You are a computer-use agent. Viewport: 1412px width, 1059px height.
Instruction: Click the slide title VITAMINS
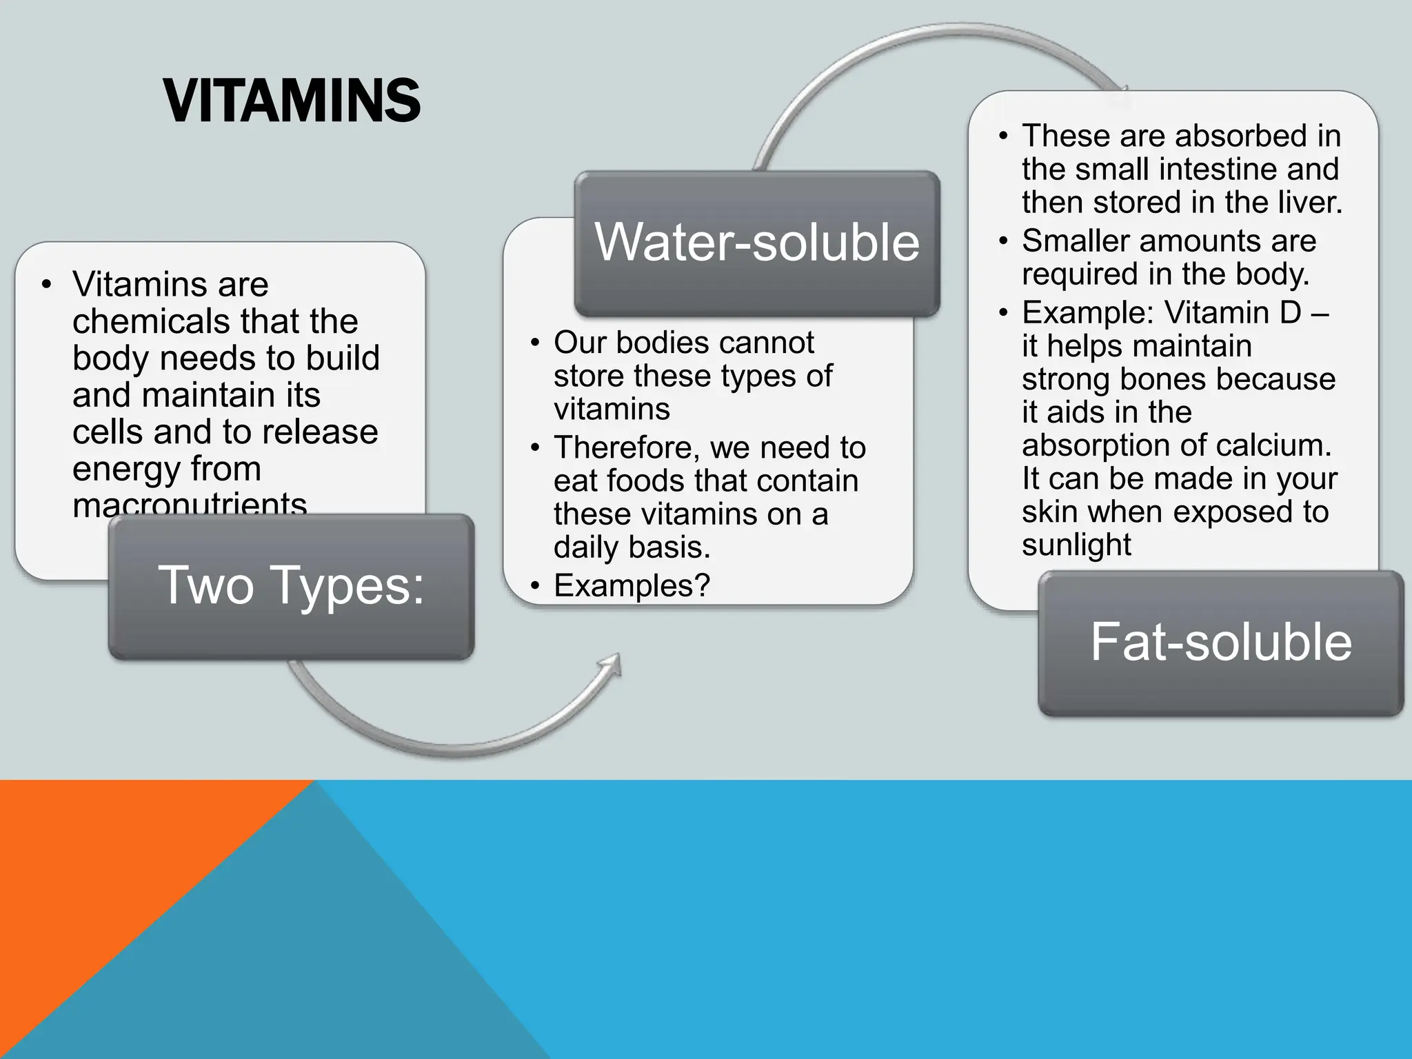click(x=292, y=101)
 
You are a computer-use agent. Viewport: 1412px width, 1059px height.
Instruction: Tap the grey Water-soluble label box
click(x=757, y=243)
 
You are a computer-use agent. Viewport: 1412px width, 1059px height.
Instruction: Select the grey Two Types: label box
click(x=291, y=586)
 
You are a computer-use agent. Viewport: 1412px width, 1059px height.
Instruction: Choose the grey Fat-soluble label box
click(x=1220, y=643)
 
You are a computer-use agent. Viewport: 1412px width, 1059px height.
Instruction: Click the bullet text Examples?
click(x=632, y=586)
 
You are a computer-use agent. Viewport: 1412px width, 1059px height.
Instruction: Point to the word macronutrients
click(x=190, y=505)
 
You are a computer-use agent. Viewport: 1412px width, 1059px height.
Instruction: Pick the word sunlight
click(x=1076, y=545)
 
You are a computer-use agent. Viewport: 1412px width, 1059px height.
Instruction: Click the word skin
click(x=1048, y=512)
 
